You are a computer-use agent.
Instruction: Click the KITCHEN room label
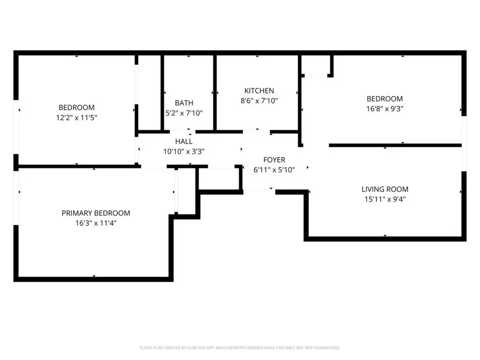pos(259,91)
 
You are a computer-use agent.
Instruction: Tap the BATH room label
pos(184,103)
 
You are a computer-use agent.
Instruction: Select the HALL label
pos(183,141)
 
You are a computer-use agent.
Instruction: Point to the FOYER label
pos(274,160)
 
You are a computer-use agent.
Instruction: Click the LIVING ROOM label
pos(385,189)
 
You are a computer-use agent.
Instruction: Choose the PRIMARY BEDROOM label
pos(95,213)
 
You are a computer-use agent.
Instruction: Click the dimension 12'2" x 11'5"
pos(77,117)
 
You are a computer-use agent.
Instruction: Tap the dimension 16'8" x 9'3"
pos(384,109)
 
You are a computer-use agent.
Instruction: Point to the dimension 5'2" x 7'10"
pos(184,113)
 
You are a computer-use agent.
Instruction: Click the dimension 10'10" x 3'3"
pos(183,151)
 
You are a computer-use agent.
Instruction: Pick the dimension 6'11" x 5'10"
pos(274,170)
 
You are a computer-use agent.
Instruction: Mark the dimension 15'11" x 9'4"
pos(385,199)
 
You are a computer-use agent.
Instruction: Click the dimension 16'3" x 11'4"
pos(95,223)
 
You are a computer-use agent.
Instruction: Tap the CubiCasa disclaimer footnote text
pos(239,348)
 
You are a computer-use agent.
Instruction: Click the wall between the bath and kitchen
pos(215,92)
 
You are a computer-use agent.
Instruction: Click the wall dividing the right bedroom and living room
pos(395,145)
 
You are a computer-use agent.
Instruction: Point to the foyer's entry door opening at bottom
pos(259,190)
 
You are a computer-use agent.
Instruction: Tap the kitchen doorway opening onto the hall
pos(257,131)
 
